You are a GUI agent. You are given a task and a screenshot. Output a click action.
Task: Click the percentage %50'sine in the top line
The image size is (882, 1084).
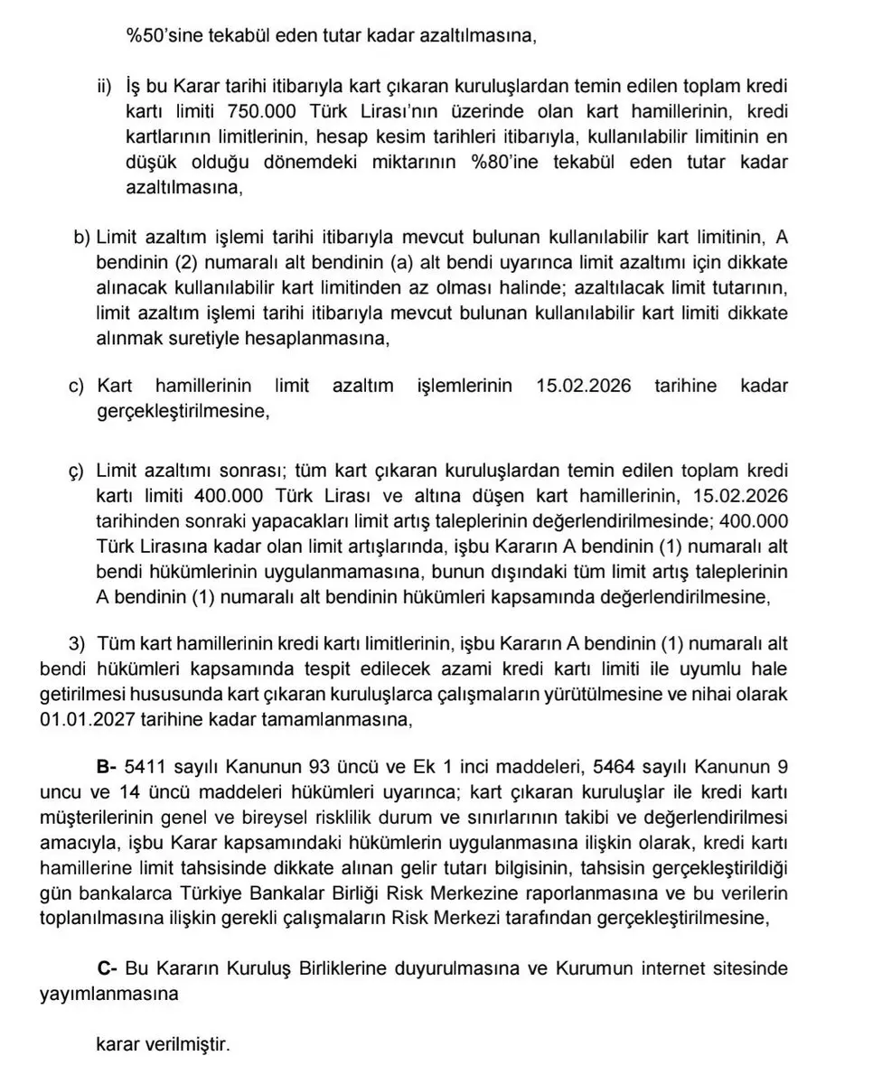(166, 38)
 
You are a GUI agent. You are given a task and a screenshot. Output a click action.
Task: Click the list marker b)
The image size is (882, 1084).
(82, 238)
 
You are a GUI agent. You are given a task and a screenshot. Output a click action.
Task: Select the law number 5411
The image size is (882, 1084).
(146, 767)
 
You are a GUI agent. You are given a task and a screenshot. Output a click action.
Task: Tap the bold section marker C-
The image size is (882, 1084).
(108, 968)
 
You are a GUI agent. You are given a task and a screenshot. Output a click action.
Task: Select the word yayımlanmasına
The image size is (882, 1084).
(108, 993)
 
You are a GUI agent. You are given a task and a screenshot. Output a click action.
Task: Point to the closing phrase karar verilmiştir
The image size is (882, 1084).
(164, 1045)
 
